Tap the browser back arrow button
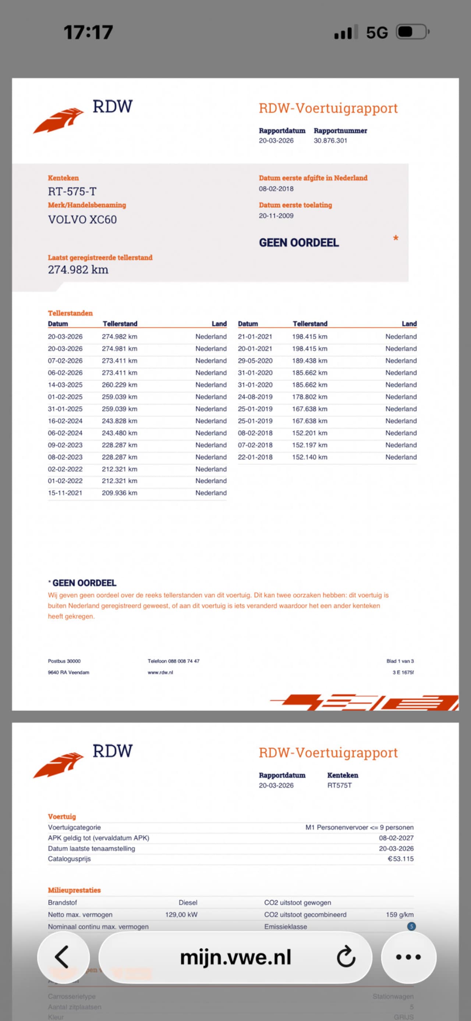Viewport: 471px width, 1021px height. point(63,957)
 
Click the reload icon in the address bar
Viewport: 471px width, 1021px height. point(346,957)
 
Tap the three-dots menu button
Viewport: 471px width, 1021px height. point(408,957)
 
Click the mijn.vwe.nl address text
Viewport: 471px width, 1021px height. point(235,957)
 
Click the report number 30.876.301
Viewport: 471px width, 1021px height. point(330,141)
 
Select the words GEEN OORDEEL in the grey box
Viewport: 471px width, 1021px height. point(299,243)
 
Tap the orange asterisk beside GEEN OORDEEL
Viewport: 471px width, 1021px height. point(395,238)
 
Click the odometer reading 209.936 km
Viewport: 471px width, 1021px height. point(119,493)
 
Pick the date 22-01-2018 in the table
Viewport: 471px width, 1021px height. point(255,457)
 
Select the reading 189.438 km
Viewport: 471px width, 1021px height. point(309,361)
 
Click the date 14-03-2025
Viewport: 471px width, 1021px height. point(65,385)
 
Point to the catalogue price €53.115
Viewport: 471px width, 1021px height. point(400,859)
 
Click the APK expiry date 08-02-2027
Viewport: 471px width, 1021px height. point(396,838)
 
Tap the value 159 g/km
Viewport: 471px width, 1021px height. point(400,914)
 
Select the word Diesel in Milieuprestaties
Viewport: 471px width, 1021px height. point(188,903)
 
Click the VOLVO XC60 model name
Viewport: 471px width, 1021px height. point(82,220)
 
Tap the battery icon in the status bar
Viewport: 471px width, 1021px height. point(412,32)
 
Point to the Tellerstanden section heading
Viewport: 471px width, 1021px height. point(70,313)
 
